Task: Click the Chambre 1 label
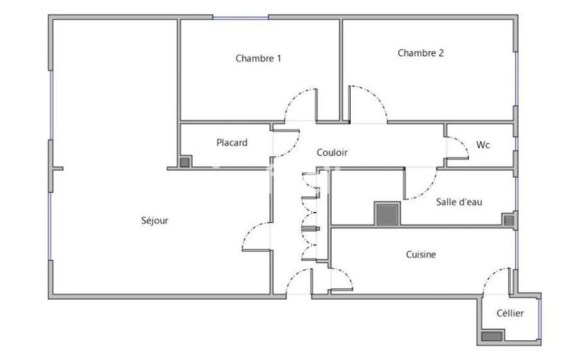click(x=258, y=59)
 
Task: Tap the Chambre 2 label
click(x=420, y=52)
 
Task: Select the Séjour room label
click(x=155, y=220)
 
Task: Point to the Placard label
click(x=232, y=143)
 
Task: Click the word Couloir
click(x=332, y=152)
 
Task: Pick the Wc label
click(x=483, y=145)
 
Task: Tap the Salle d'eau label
click(x=459, y=202)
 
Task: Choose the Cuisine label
click(x=420, y=254)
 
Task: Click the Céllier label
click(x=510, y=313)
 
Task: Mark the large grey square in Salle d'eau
click(x=386, y=214)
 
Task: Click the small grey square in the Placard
click(x=185, y=162)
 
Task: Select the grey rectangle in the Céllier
click(x=490, y=336)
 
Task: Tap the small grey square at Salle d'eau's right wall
click(x=508, y=220)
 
